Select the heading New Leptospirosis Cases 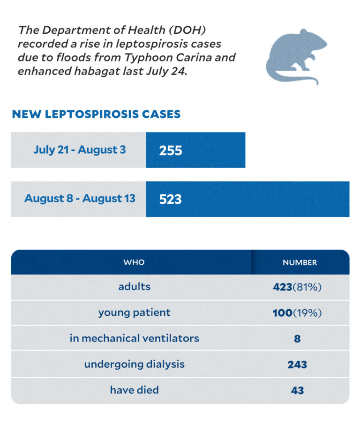point(96,114)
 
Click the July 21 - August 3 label point(79,150)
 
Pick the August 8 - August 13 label point(80,199)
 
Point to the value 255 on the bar point(170,150)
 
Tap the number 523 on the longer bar point(170,199)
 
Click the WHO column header point(134,262)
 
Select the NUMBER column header point(300,262)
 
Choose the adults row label point(134,287)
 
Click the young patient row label point(134,312)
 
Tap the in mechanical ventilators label point(134,338)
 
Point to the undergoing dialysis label point(134,364)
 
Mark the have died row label point(134,390)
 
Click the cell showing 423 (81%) point(297,287)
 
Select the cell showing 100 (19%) point(297,313)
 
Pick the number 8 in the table point(297,339)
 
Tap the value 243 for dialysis point(297,364)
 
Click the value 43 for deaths point(297,390)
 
